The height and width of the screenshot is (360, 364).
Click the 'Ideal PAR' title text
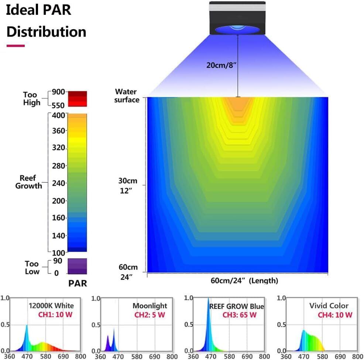[39, 10]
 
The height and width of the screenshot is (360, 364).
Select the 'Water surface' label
[127, 96]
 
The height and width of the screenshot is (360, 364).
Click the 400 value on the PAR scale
[58, 115]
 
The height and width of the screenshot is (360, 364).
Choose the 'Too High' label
[32, 98]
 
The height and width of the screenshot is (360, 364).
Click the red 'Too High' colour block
[77, 98]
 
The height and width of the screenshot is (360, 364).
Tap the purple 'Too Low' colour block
[77, 266]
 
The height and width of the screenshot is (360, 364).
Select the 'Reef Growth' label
[28, 182]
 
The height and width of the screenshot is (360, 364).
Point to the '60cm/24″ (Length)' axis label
[244, 281]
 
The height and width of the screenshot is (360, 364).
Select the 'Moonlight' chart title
[150, 306]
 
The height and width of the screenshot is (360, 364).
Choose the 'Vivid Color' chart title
[329, 306]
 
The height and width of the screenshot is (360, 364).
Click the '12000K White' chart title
[51, 306]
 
